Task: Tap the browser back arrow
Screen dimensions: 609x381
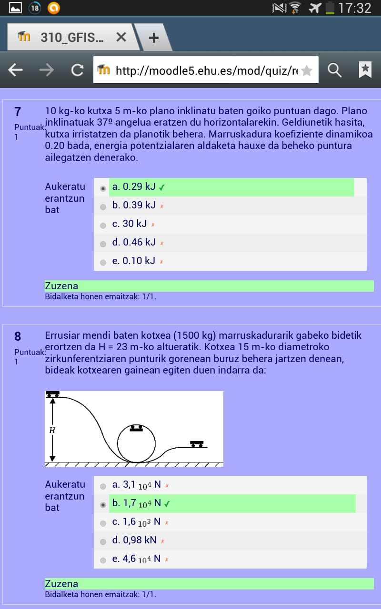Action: (16, 70)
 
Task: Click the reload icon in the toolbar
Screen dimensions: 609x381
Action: (77, 70)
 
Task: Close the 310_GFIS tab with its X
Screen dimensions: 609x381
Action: (121, 37)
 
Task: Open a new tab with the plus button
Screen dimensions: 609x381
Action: (153, 38)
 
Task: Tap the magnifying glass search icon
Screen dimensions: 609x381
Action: (335, 70)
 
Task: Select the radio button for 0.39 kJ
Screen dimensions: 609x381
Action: (103, 207)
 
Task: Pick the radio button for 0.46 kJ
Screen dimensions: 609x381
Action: (103, 244)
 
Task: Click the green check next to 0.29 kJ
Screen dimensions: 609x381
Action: (162, 187)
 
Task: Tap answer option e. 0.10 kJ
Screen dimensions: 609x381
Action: (134, 261)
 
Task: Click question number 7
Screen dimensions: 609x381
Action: (18, 112)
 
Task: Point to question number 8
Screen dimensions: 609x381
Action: (18, 336)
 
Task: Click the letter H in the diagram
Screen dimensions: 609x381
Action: (52, 430)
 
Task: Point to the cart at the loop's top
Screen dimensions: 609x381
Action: (137, 428)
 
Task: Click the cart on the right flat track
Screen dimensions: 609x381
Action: (197, 444)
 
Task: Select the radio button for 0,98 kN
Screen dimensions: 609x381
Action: (103, 541)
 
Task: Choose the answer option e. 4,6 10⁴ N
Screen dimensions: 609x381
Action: (136, 559)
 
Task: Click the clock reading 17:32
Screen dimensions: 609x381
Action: (355, 8)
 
